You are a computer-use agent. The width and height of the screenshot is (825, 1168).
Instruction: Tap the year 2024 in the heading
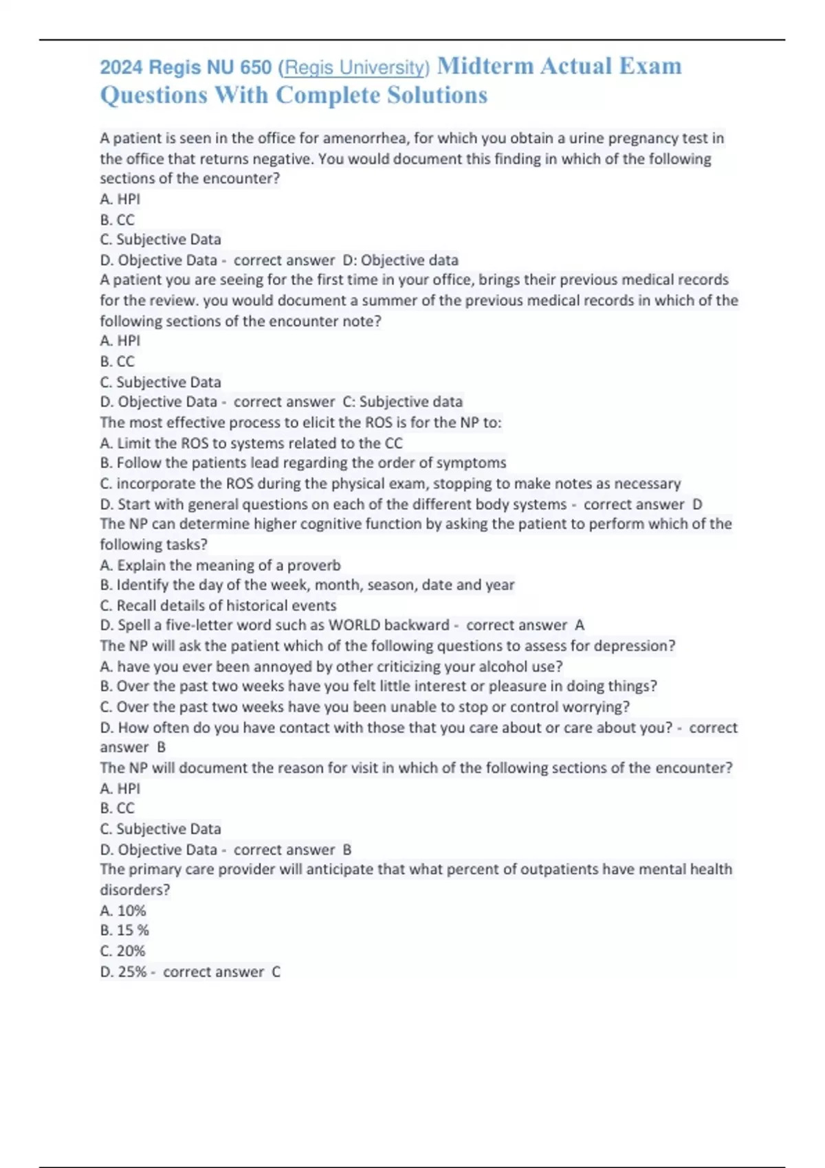click(x=121, y=67)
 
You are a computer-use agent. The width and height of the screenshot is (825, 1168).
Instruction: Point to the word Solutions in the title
click(x=437, y=95)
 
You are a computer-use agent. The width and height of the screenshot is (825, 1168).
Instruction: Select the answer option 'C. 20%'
click(x=122, y=951)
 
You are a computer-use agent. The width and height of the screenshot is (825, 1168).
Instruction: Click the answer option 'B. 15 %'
click(x=124, y=930)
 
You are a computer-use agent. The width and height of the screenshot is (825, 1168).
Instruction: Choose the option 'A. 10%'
click(x=123, y=910)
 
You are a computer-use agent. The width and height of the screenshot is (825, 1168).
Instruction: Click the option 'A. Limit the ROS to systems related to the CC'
click(x=251, y=443)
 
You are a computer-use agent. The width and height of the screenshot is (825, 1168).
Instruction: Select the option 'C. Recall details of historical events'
click(x=218, y=605)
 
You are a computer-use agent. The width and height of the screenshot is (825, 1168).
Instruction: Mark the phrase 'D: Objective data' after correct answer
click(x=400, y=260)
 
